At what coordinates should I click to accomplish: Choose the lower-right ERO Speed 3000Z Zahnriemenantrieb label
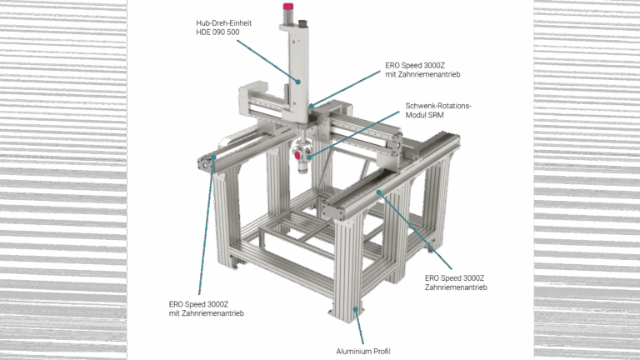(456, 282)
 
